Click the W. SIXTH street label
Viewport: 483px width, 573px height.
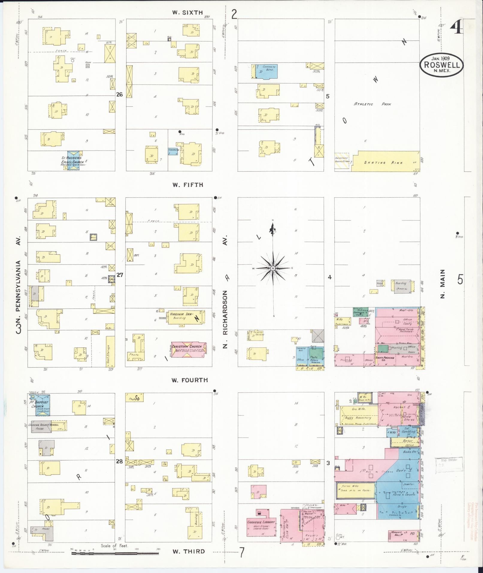[x=187, y=13]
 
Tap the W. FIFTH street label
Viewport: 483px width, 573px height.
[x=187, y=185]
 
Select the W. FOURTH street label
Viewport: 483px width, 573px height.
[x=190, y=380]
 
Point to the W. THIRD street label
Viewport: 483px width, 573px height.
[x=189, y=551]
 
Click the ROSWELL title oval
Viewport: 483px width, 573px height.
[x=441, y=65]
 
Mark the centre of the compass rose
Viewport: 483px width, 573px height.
[x=273, y=268]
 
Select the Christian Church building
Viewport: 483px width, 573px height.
[x=189, y=349]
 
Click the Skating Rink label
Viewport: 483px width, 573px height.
[x=383, y=163]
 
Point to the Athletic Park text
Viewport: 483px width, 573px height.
[x=373, y=104]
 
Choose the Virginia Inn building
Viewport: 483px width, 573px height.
[x=186, y=317]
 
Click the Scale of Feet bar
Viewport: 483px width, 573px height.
[x=115, y=553]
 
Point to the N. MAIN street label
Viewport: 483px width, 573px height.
[x=443, y=283]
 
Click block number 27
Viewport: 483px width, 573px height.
[x=120, y=275]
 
